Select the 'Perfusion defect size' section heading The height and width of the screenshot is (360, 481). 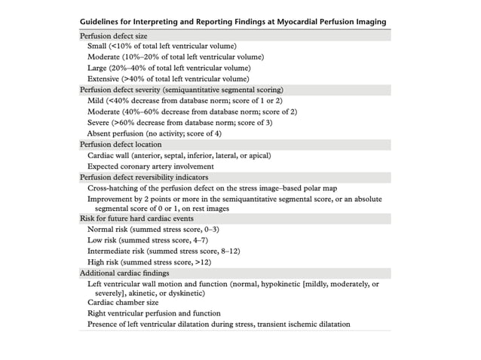pos(114,35)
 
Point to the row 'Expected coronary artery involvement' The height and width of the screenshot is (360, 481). pos(152,165)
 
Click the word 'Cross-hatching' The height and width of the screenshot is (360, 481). pos(114,187)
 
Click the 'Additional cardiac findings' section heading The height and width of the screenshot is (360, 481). pos(124,272)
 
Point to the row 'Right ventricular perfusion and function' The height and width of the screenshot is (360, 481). pos(155,313)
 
